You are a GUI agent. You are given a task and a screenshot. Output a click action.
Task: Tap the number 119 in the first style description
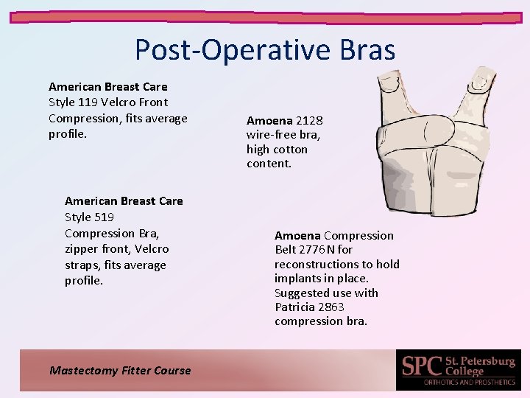coord(92,102)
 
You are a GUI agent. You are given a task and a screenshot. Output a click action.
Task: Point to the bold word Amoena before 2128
coord(269,120)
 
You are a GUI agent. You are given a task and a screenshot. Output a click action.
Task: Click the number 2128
coord(309,120)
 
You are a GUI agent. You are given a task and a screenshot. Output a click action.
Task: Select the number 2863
coord(332,307)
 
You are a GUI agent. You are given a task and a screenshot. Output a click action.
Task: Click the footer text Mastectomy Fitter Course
coord(120,371)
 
